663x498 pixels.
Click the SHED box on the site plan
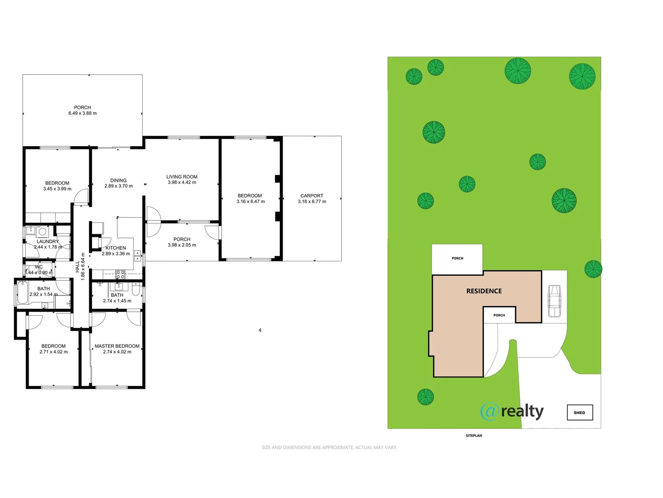pos(580,412)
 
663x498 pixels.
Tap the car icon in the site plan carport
pos(554,301)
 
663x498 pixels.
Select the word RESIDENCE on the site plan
pos(484,291)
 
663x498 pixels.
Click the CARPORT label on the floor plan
pos(312,196)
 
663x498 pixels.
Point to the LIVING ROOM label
pos(182,177)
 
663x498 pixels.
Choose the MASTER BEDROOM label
pos(117,346)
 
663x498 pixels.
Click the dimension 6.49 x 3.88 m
pos(82,113)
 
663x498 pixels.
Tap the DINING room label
pos(118,180)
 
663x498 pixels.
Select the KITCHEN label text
pos(116,248)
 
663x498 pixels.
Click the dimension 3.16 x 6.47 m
pos(250,202)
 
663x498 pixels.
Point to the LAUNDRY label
pos(48,241)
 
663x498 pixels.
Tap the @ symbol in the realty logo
pos(489,411)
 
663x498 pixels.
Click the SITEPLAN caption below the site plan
pos(474,435)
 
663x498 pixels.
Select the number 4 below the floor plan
pos(260,330)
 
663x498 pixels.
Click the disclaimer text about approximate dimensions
pos(329,447)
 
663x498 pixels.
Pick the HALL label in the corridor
pos(77,267)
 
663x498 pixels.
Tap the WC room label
pos(39,267)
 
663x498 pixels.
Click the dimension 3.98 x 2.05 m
pos(182,245)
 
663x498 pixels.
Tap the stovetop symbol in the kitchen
pos(120,275)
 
